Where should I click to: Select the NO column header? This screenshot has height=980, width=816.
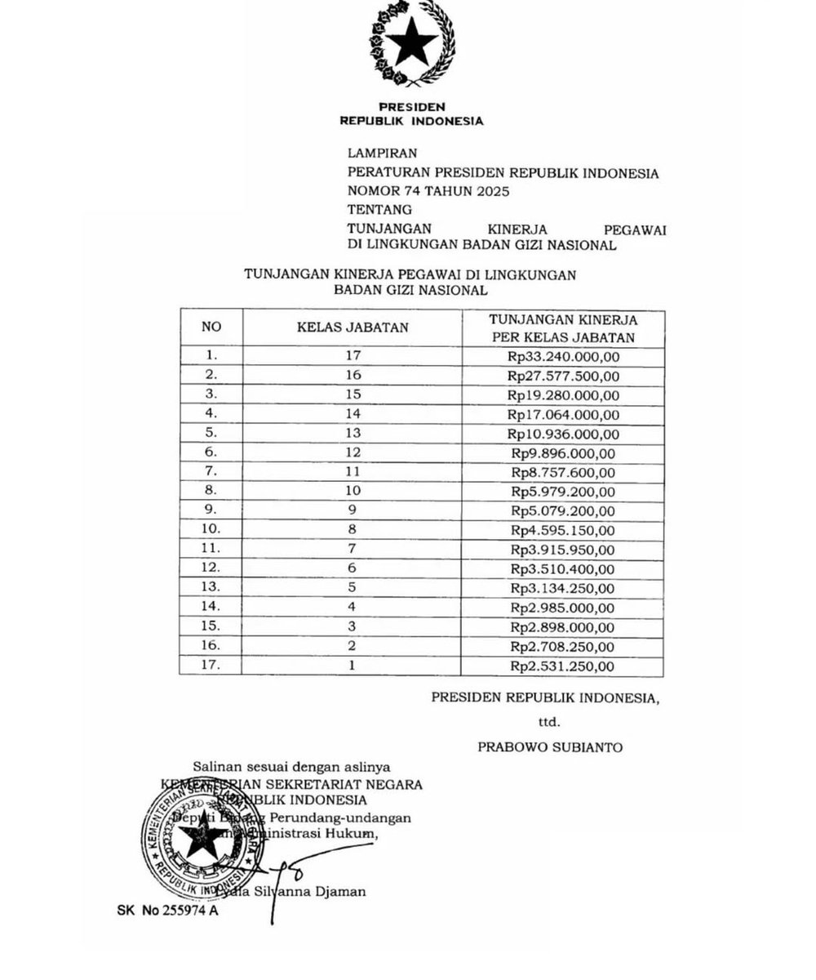(212, 327)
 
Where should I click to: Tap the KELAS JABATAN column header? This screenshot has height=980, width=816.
(353, 327)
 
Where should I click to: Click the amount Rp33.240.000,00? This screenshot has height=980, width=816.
(563, 355)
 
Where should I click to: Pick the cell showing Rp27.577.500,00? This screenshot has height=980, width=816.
(563, 375)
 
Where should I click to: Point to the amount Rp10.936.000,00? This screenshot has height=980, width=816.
(563, 433)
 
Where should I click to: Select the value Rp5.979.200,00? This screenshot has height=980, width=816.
(563, 492)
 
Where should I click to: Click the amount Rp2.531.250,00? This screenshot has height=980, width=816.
(563, 666)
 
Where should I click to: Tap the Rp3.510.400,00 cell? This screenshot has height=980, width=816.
(563, 569)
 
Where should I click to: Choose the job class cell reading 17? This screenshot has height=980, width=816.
(353, 355)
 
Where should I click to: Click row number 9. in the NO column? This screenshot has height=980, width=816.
(212, 511)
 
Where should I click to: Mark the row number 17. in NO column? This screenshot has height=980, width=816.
(212, 666)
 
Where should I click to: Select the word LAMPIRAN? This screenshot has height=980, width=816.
(382, 153)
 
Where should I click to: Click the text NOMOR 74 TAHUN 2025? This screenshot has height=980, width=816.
(428, 192)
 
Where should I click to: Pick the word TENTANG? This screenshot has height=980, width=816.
(379, 211)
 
